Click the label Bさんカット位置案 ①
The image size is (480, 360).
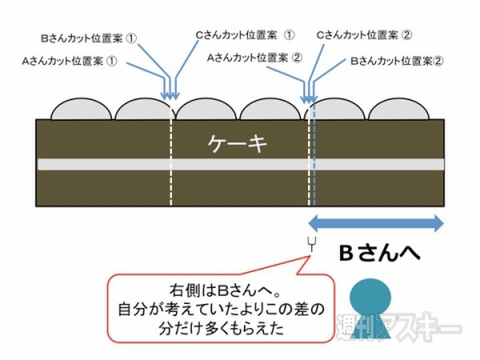coord(87,43)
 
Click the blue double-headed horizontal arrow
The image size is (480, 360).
coord(376,222)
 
